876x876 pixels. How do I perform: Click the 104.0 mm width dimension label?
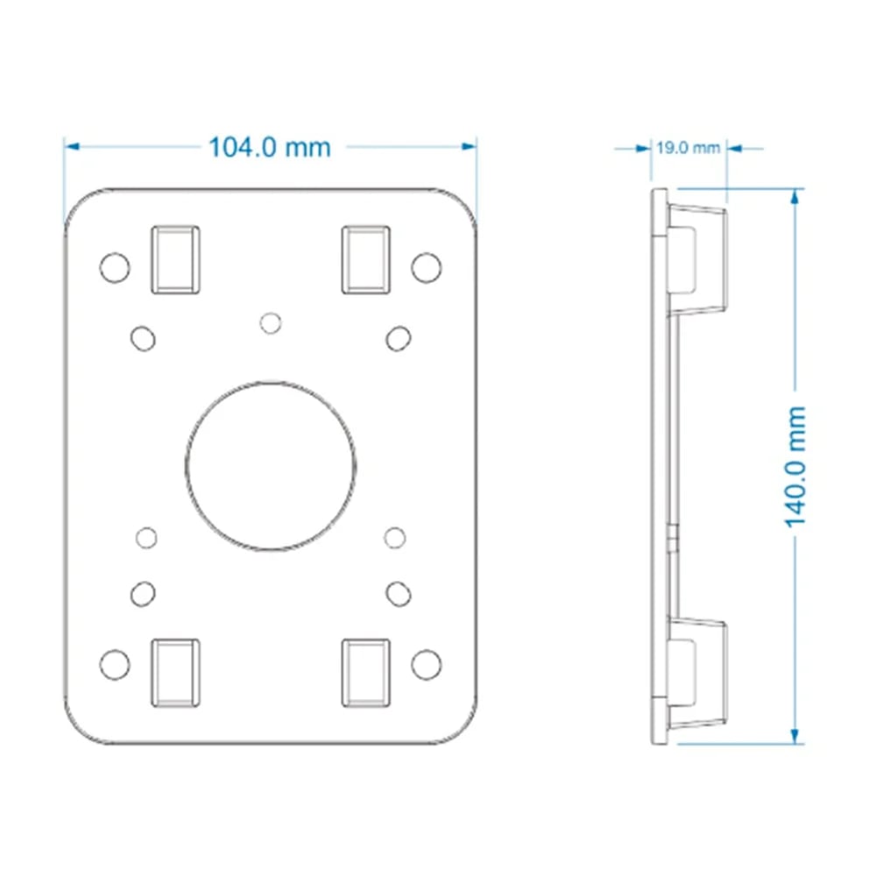point(270,147)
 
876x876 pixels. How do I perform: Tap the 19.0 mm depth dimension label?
point(689,148)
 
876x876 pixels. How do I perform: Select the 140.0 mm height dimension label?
point(795,467)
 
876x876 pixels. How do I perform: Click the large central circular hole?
point(271,466)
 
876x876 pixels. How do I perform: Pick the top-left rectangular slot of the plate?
point(176,260)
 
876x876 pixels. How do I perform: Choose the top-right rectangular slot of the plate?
point(366,260)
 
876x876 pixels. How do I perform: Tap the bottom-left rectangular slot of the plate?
point(176,673)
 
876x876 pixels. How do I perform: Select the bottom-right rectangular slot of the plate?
point(366,673)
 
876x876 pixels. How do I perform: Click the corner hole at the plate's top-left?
point(115,267)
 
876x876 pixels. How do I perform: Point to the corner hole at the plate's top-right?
point(427,267)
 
